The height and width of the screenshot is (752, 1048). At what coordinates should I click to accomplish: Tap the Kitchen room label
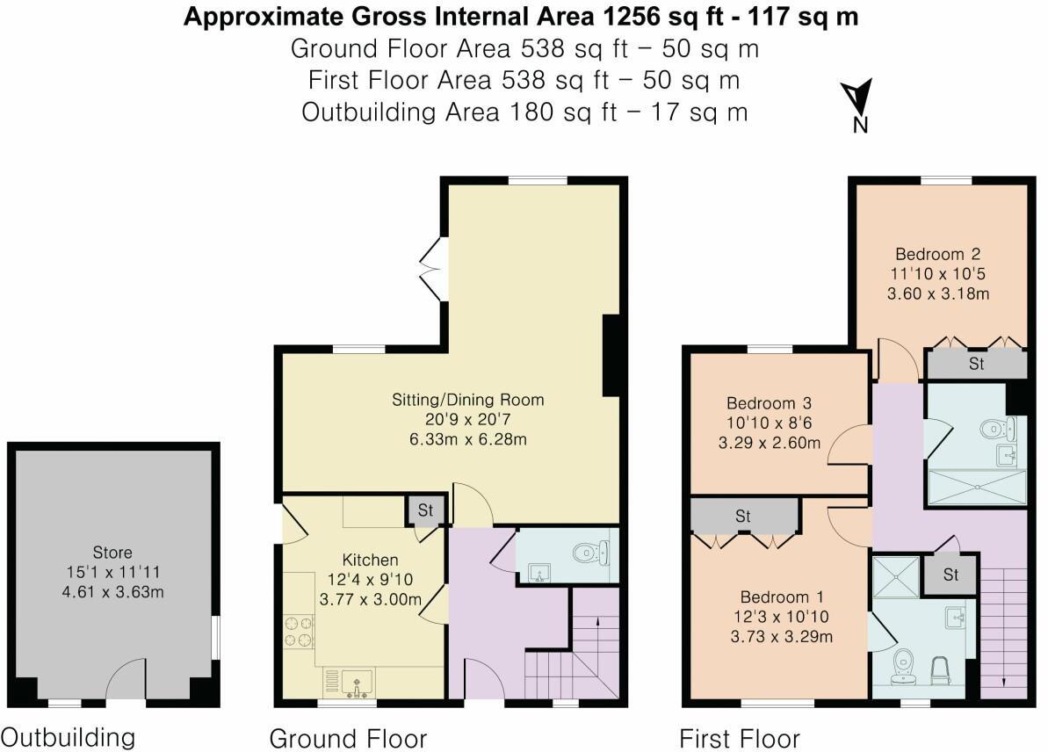click(x=370, y=560)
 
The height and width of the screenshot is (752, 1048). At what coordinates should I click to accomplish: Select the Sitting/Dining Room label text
click(x=467, y=400)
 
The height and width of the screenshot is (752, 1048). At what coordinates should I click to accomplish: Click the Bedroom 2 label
click(x=938, y=255)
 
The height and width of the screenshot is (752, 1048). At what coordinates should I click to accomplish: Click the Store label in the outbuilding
click(x=112, y=553)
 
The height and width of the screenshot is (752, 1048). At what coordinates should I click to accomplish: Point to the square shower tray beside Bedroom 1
click(x=895, y=576)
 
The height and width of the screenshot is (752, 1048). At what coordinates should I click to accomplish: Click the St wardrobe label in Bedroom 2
click(x=976, y=364)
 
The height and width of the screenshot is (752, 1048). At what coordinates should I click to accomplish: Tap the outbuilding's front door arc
click(x=126, y=681)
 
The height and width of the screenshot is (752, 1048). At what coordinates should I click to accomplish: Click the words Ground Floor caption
click(x=348, y=737)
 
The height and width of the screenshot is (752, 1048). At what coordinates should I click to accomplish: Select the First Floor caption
click(x=740, y=737)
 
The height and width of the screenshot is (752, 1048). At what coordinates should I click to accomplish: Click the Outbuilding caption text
click(x=69, y=737)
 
